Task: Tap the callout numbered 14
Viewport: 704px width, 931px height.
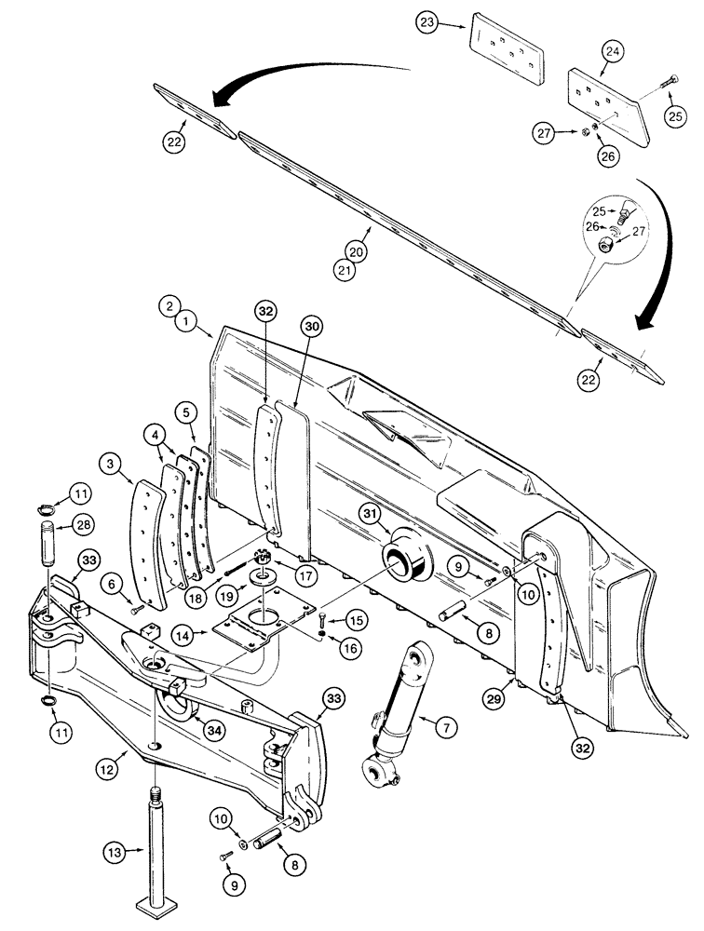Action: [184, 637]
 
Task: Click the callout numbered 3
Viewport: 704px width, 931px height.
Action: [113, 463]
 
